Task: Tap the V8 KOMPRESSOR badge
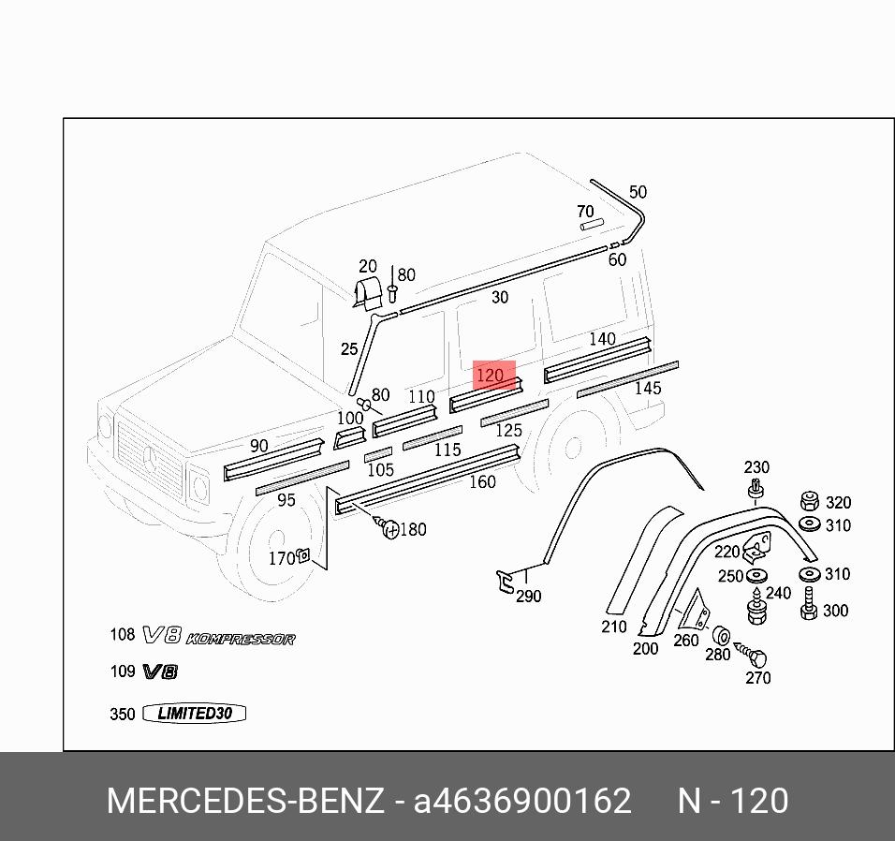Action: (x=218, y=638)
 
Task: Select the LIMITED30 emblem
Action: (x=194, y=714)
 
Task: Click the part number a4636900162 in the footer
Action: (x=522, y=802)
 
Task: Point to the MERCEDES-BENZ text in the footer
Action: (x=245, y=802)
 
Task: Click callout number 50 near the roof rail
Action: (x=638, y=192)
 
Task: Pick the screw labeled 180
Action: (x=389, y=529)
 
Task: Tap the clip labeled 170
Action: (x=302, y=556)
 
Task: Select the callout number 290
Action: (x=528, y=597)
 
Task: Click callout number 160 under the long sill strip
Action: (x=481, y=482)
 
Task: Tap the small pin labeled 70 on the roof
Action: (x=591, y=224)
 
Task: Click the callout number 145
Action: (x=647, y=388)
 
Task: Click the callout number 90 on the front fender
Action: (x=258, y=446)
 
